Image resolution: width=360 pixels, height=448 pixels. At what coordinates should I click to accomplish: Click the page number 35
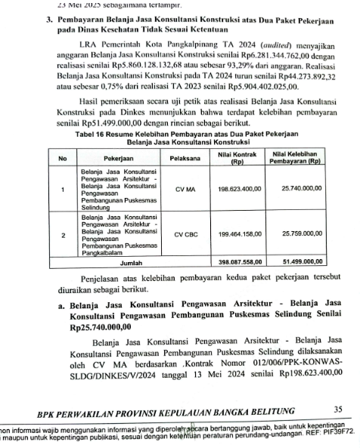pos(337,411)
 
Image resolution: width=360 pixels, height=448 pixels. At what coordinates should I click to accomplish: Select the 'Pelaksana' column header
pos(185,159)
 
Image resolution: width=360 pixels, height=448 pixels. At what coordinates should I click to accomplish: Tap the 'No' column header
pos(63,159)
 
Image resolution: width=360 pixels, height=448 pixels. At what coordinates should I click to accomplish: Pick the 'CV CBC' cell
pos(185,235)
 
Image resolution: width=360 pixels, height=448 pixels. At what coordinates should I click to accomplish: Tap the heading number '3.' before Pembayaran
pos(50,17)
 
